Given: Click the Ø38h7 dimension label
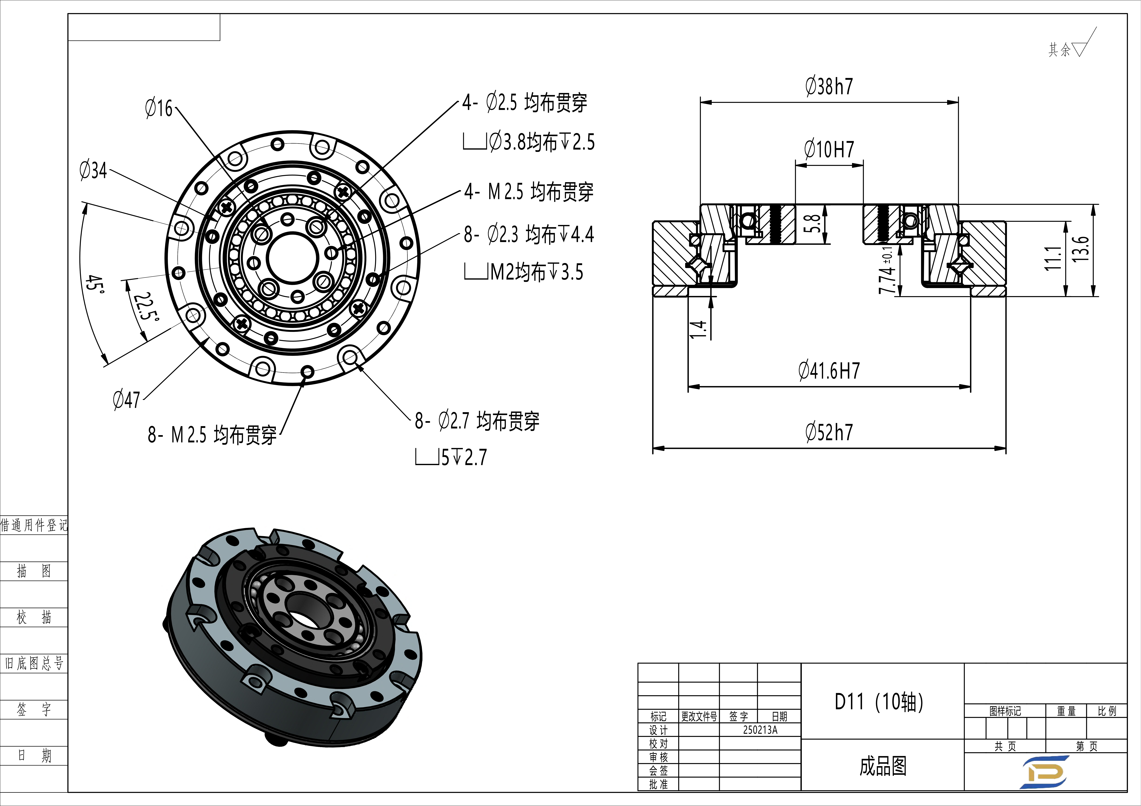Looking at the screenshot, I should pos(829,86).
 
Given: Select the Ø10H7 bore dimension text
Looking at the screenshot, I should pos(829,149).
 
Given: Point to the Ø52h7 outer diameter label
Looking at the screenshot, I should pos(829,432).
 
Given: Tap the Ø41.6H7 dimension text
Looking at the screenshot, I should pos(829,371).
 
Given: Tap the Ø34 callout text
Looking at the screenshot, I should pos(93,170).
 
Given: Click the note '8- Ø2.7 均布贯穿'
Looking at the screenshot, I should pos(477,421).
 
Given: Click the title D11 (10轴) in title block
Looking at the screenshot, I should pos(879,702).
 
